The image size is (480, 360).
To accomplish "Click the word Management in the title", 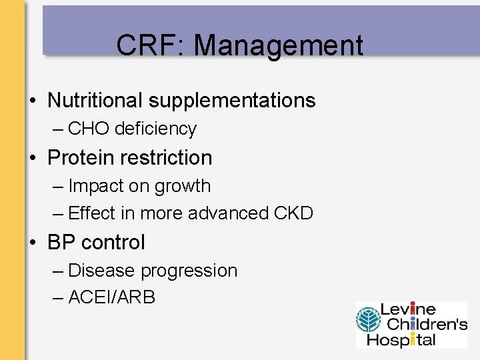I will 279,46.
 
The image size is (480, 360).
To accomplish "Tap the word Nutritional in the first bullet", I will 95,100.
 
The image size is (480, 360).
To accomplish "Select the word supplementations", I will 231,100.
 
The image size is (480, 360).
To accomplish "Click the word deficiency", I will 155,129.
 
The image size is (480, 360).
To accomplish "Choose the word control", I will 113,243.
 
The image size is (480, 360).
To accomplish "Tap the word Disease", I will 102,271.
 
